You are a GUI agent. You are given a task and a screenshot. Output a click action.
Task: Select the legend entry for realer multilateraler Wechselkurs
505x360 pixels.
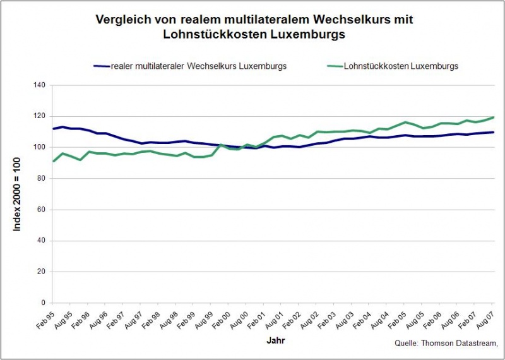point(198,66)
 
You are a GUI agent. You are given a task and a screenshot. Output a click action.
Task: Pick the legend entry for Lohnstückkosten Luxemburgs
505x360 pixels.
point(401,66)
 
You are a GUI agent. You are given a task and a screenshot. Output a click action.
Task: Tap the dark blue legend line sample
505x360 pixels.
point(101,66)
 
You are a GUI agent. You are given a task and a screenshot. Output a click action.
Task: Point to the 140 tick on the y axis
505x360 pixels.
point(40,85)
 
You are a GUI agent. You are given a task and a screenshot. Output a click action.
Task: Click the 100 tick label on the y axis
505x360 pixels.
point(40,147)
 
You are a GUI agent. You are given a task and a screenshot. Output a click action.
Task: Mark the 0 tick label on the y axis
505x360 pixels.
point(44,303)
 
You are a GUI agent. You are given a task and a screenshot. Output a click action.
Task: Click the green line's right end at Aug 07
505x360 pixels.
point(493,117)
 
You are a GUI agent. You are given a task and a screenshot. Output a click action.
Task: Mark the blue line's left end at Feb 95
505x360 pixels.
point(53,129)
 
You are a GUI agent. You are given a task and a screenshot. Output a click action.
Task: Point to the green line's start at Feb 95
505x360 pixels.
point(53,161)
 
